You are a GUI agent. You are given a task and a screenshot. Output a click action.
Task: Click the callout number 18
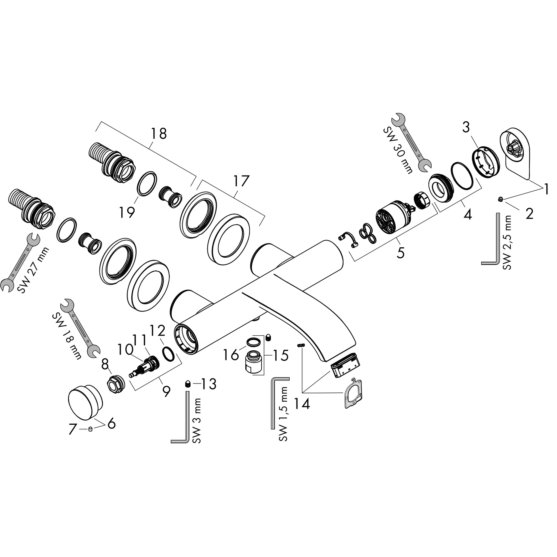coord(159,134)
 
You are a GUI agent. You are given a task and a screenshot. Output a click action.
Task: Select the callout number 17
coord(241,181)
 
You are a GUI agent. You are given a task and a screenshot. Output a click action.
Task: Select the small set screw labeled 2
coord(501,199)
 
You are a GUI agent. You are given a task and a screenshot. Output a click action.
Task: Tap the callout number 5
coord(400,253)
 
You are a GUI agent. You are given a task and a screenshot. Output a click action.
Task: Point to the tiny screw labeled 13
coord(188,384)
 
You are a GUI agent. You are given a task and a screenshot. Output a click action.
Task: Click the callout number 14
coord(302,404)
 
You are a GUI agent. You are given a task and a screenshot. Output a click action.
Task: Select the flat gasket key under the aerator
coord(352,394)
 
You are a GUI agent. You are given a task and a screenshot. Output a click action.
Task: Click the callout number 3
coord(466,128)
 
